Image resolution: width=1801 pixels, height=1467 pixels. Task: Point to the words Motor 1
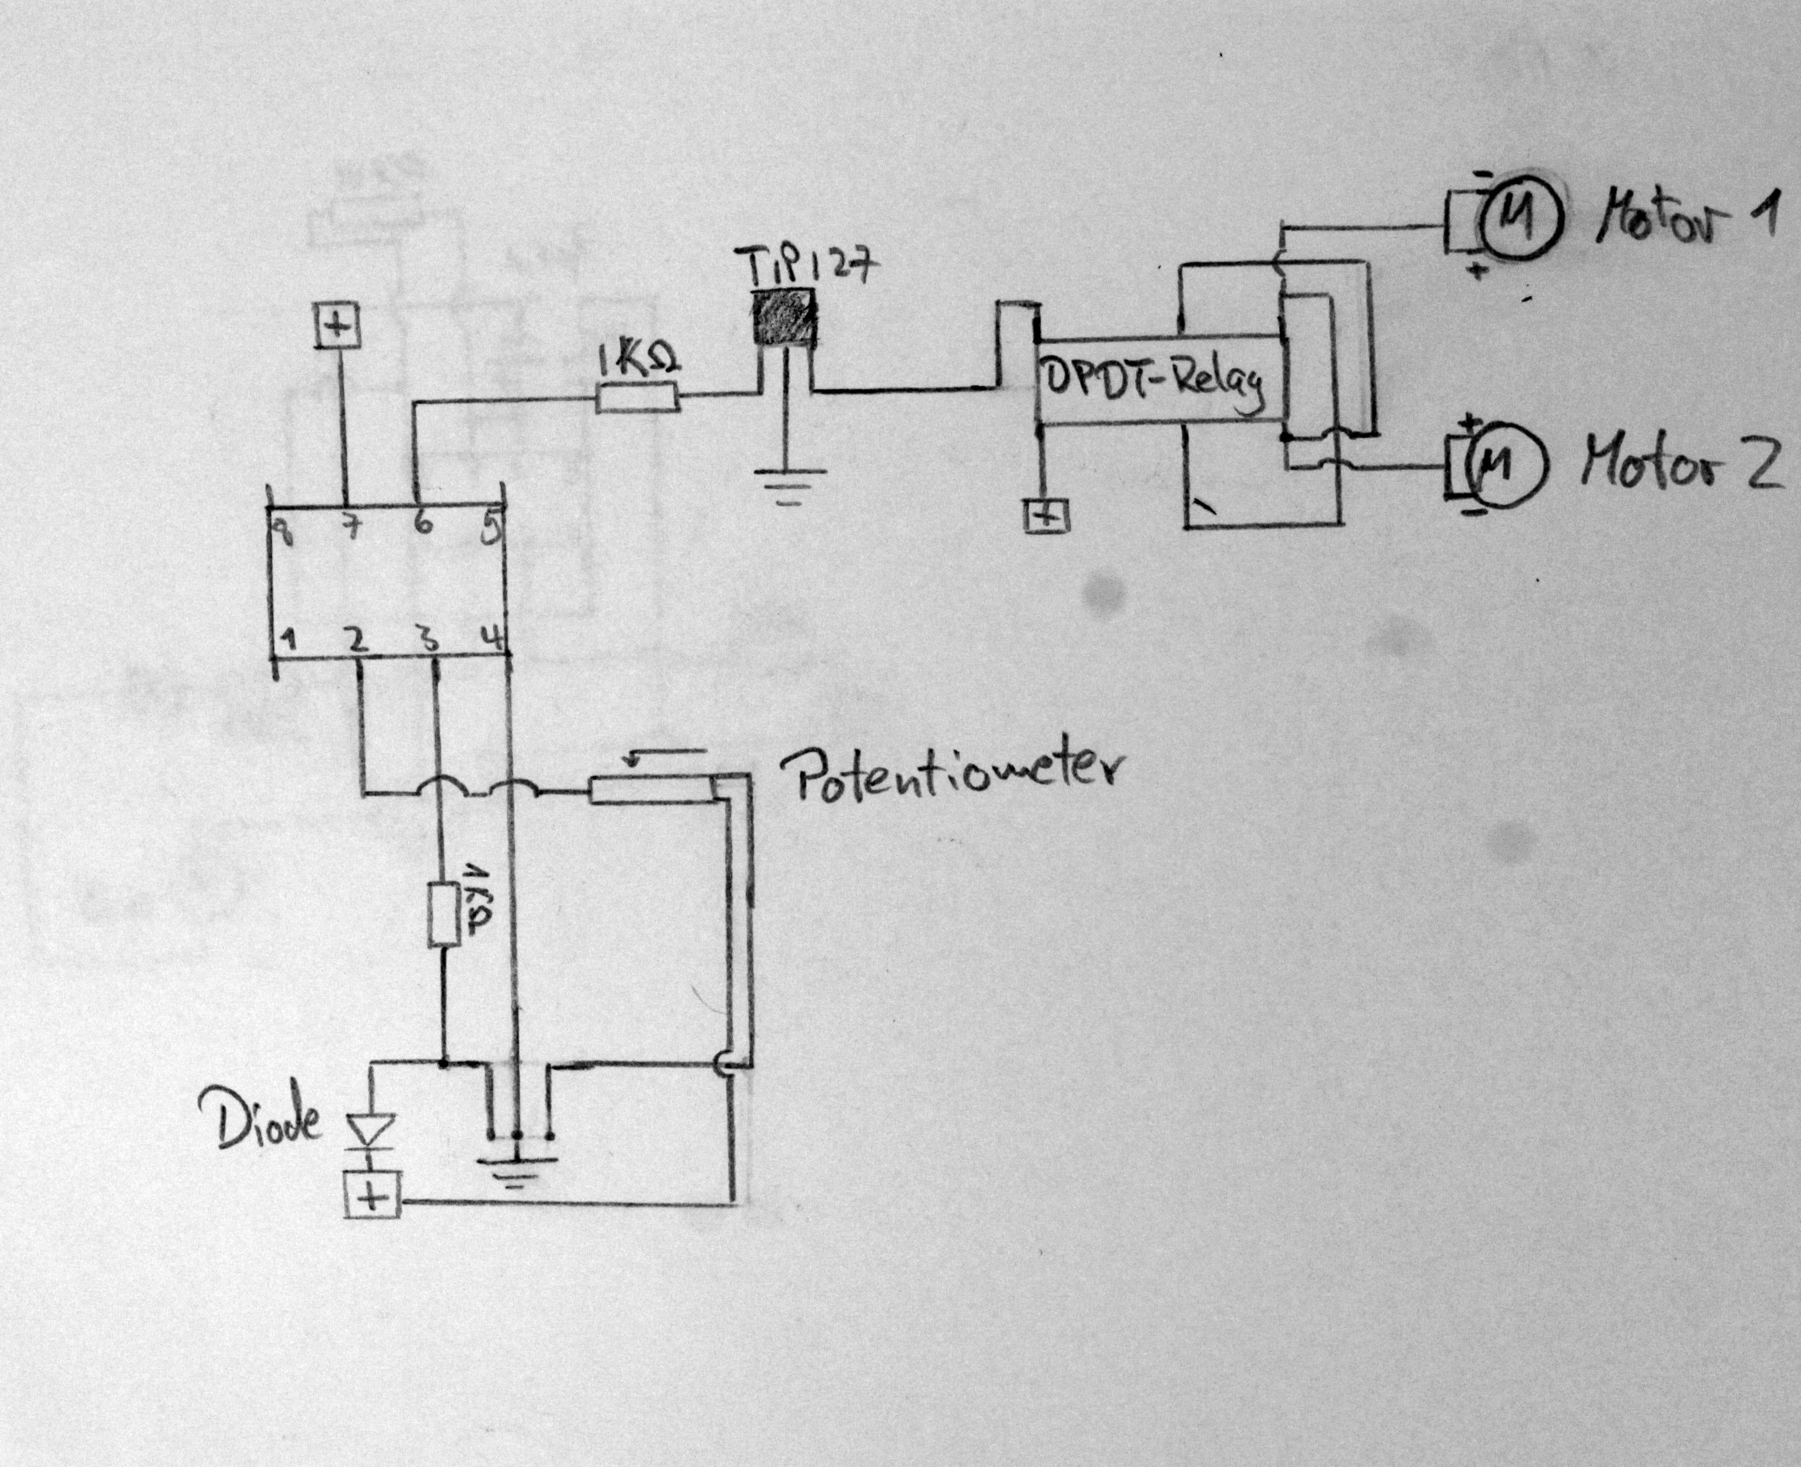click(1686, 216)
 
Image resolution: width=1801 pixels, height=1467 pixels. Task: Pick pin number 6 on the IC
click(423, 525)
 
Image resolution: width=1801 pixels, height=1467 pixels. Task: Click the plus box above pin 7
click(338, 326)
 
